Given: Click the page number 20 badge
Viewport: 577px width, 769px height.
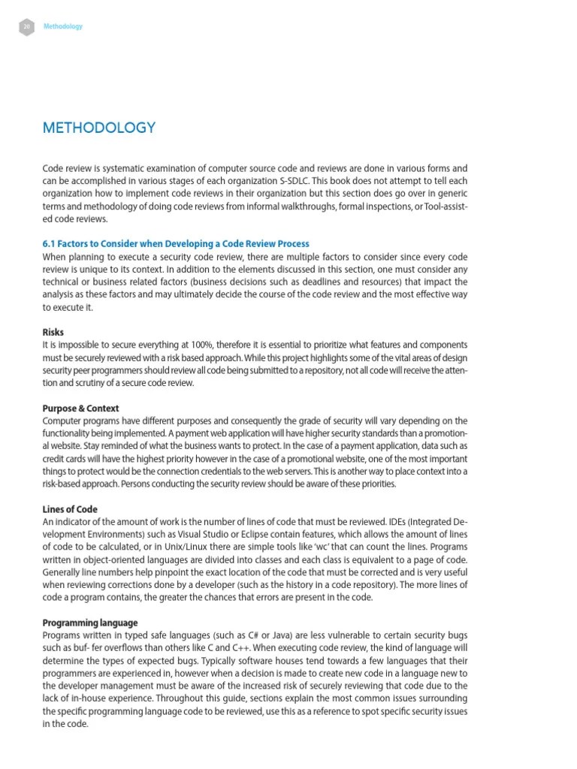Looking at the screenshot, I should coord(26,26).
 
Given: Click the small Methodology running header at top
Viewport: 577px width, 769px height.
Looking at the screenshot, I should coord(63,26).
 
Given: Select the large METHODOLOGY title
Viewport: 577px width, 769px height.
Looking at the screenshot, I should coord(99,128).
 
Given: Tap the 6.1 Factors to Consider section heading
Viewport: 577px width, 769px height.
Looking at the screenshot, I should coord(176,244).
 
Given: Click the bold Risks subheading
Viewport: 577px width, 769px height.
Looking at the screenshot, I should coord(53,331).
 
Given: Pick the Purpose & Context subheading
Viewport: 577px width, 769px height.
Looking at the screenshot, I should coord(80,408).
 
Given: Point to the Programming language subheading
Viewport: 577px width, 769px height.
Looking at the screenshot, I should coord(90,623).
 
